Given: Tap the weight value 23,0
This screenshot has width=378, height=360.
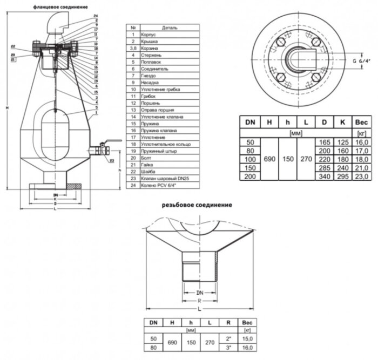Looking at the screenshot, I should [x=361, y=176].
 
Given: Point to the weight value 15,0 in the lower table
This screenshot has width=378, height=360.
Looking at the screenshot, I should [x=247, y=339].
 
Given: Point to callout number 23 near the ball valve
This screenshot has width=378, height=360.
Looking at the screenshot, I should [x=111, y=161].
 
